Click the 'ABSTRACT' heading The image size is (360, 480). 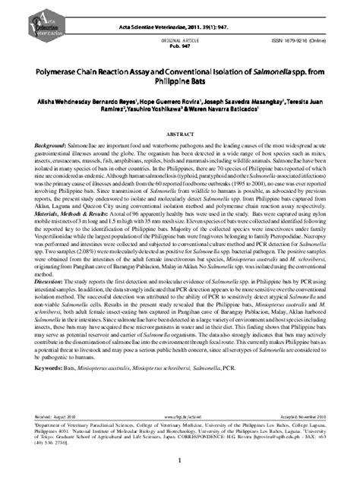pyautogui.click(x=179, y=131)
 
